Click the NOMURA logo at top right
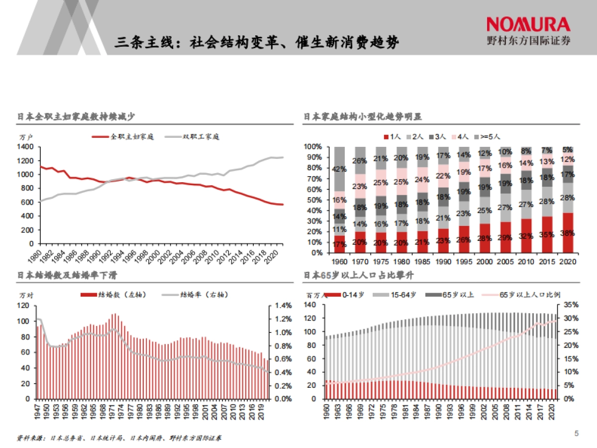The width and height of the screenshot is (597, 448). click(528, 24)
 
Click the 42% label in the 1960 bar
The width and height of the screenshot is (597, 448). click(340, 169)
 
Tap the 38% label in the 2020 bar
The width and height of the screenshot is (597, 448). click(567, 232)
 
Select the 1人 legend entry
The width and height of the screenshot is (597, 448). click(393, 136)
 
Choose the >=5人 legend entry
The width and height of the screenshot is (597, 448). click(488, 136)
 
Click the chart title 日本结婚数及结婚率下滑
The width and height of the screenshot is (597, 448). click(67, 275)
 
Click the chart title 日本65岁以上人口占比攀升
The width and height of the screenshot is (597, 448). click(359, 275)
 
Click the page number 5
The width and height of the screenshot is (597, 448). click(577, 434)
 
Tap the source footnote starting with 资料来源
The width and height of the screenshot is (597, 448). click(119, 438)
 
